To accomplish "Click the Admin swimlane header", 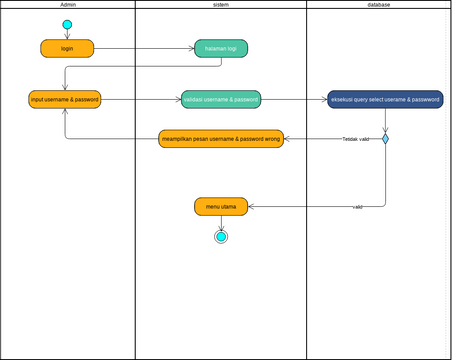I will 68,5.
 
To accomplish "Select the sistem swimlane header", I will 221,5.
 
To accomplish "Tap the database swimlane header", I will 378,5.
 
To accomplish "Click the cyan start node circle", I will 67,24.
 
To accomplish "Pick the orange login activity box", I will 67,48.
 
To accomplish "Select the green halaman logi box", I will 221,48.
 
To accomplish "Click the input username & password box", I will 66,99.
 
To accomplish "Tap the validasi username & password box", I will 221,99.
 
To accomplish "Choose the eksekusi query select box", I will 385,99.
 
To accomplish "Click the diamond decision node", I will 385,139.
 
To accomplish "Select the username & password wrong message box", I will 221,138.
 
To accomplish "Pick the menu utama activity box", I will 221,207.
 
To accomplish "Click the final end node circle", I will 221,237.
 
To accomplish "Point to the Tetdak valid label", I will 357,139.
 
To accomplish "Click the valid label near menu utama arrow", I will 357,206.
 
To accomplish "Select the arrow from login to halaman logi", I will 144,48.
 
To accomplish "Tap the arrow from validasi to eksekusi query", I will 294,99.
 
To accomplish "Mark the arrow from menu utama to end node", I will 221,222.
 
